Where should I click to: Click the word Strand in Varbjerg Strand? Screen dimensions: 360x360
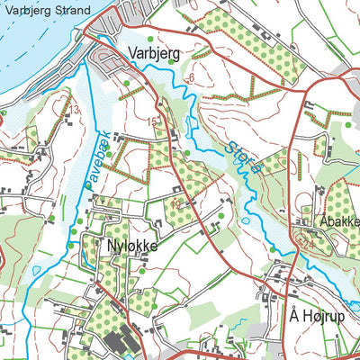tap(71, 12)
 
